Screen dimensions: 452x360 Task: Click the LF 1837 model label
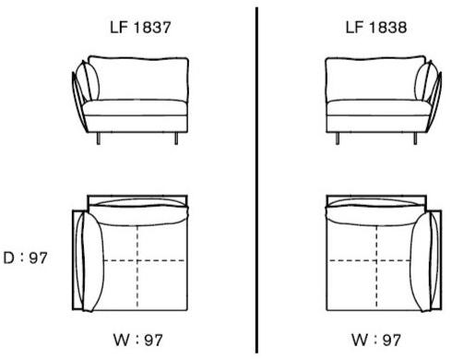[140, 27]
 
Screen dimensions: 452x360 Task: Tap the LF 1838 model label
[376, 27]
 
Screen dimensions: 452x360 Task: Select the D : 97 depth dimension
[25, 258]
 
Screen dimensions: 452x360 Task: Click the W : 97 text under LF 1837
[138, 340]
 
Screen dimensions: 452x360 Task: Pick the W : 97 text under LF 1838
[376, 340]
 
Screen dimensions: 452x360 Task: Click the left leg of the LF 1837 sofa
[99, 138]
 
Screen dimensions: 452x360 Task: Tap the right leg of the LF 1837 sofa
[176, 138]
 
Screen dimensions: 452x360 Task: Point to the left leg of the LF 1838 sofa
[338, 138]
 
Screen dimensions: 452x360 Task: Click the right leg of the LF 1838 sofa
[415, 138]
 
